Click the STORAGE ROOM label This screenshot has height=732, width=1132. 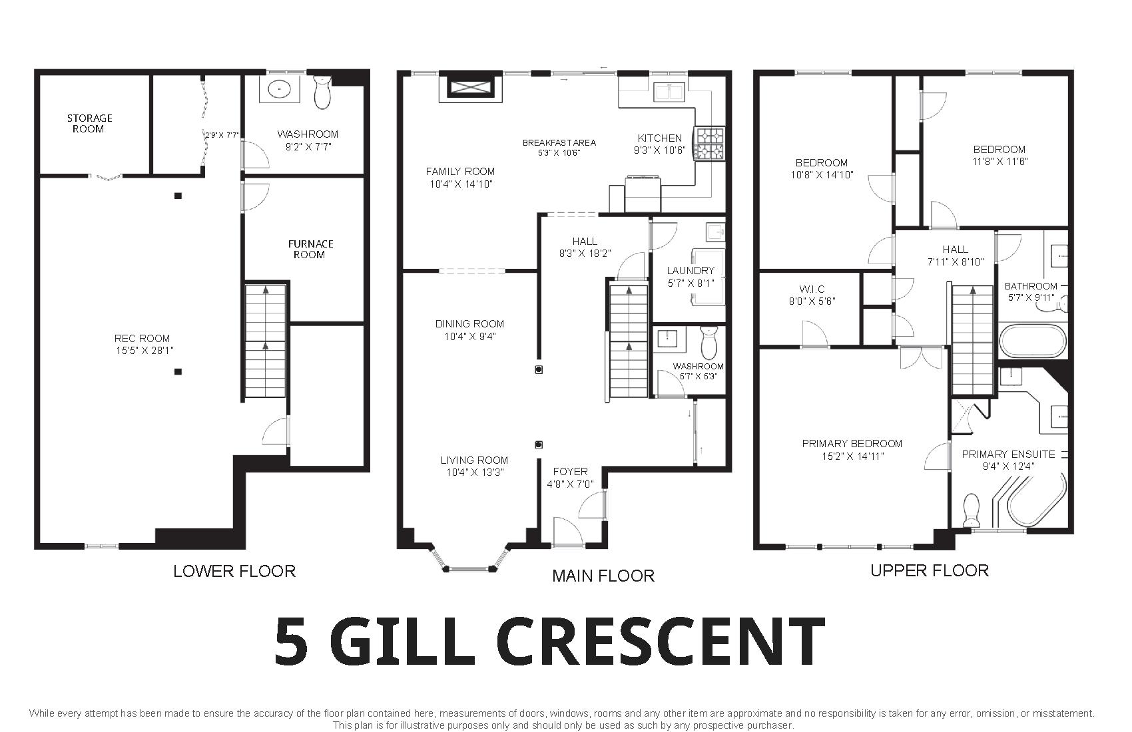point(89,123)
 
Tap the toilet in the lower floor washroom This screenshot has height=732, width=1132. point(322,92)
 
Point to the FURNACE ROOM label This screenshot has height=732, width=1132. point(310,249)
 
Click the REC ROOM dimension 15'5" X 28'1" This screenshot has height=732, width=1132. point(145,351)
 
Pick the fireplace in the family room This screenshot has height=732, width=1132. point(471,88)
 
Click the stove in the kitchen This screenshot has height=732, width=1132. point(709,144)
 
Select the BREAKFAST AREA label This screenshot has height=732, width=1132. point(559,143)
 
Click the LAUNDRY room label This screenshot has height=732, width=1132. point(691,271)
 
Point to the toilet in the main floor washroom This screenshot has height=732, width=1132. point(710,342)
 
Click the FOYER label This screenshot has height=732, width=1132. point(570,471)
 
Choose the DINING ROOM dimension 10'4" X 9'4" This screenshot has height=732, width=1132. point(470,337)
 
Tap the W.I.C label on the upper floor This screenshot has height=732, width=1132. point(812,289)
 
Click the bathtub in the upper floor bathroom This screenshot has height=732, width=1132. point(1032,342)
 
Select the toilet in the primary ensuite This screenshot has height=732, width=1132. point(971,510)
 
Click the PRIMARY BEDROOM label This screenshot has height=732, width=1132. point(852,444)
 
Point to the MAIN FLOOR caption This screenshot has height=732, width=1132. point(603,576)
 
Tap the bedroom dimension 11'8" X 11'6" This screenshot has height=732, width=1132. point(1000,162)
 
